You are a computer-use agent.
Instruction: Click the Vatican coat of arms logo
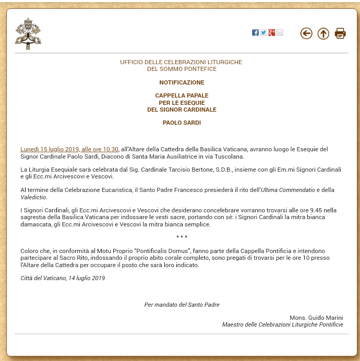[28, 33]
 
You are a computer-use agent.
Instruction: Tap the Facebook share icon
[255, 33]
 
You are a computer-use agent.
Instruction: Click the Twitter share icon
[263, 33]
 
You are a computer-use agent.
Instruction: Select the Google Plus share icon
[272, 33]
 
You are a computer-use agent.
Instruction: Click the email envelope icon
[280, 33]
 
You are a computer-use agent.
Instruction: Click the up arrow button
[323, 33]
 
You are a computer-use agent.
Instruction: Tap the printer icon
[340, 33]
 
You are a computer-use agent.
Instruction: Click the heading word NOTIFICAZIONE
[182, 82]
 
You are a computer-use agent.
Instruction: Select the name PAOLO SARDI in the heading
[182, 123]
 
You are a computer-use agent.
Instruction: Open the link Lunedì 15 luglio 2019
[69, 149]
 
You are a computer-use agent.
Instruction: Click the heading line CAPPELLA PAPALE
[182, 96]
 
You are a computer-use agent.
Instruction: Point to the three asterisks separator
[182, 237]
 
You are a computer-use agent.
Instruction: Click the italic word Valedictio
[33, 197]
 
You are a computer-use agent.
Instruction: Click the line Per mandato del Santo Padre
[182, 305]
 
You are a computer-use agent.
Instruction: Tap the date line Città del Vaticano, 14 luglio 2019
[63, 278]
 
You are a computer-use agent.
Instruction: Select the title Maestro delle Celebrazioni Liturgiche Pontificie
[282, 324]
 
